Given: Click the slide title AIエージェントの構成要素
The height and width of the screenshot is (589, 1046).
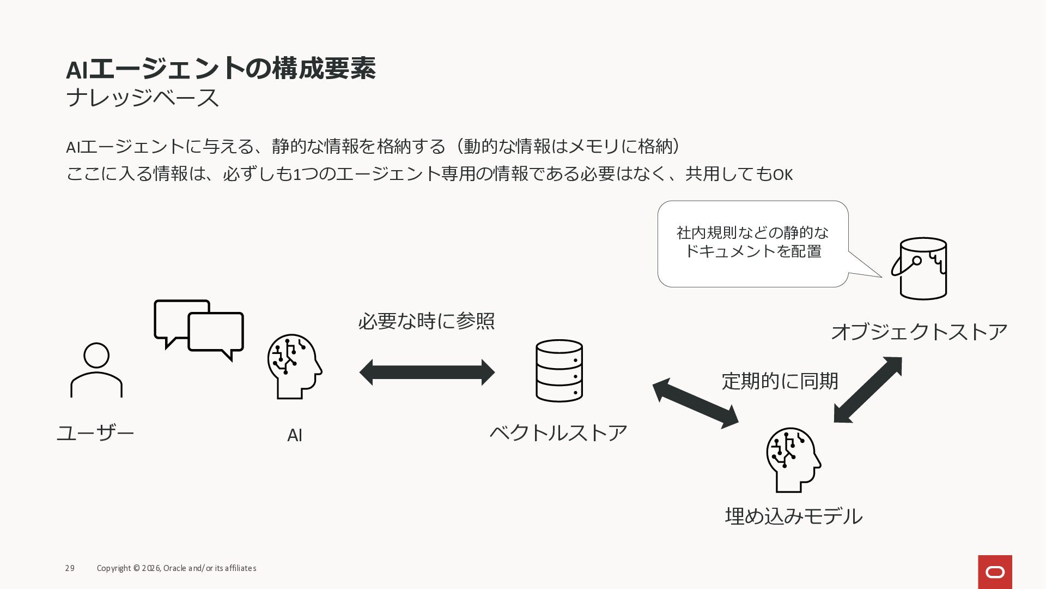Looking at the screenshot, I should tap(221, 69).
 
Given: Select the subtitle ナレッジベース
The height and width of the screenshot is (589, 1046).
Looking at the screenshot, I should tap(142, 98).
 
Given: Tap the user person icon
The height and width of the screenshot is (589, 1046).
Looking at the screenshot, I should tap(96, 370).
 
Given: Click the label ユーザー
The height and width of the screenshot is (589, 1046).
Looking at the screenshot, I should tap(95, 433).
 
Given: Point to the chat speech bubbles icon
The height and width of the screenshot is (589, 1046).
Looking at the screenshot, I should tap(199, 329).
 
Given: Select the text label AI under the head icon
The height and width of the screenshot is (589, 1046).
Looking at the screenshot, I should tap(294, 435).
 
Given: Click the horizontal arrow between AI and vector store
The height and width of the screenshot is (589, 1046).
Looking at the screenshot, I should tap(427, 372).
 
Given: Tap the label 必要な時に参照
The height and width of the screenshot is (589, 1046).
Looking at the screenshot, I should tap(426, 321).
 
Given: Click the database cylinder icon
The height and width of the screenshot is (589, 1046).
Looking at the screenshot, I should tap(559, 371).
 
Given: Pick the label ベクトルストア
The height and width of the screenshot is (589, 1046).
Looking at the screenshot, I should tap(558, 433).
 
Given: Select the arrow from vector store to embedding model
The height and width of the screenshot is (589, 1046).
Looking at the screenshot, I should tap(695, 404).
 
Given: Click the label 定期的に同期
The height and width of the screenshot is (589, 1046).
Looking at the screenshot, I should tap(780, 381).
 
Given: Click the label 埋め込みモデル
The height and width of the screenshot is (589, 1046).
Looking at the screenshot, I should tap(793, 516).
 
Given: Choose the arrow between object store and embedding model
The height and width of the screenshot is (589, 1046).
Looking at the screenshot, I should tap(868, 389).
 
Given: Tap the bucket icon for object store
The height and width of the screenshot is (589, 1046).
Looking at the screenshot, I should tap(921, 268).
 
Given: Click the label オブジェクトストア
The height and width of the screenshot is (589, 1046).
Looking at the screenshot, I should tap(919, 332).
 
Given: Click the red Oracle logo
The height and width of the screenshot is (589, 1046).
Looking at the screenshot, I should tap(995, 572).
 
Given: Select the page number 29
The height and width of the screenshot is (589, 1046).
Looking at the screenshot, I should tap(70, 568).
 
